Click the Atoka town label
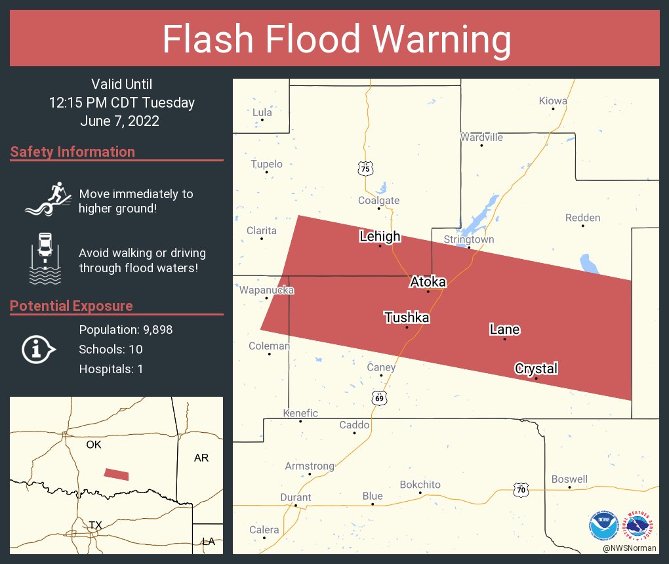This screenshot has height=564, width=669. click(x=428, y=282)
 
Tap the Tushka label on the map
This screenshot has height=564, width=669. click(x=407, y=318)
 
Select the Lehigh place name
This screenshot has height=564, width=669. click(x=380, y=236)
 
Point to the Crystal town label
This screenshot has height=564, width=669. click(x=536, y=369)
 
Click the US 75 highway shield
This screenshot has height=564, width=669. click(x=365, y=169)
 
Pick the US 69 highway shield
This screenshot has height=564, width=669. click(x=378, y=398)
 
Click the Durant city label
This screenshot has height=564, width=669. click(x=296, y=497)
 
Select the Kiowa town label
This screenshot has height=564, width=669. click(x=553, y=101)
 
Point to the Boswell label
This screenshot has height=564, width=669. click(x=569, y=479)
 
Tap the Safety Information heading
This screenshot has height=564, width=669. click(x=73, y=152)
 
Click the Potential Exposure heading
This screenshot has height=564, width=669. click(x=71, y=306)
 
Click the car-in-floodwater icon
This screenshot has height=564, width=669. click(x=45, y=258)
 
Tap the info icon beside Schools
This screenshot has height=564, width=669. click(x=39, y=349)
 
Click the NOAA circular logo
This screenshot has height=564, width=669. click(x=603, y=525)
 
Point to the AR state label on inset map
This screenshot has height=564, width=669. click(x=201, y=458)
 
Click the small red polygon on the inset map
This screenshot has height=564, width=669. click(x=117, y=474)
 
